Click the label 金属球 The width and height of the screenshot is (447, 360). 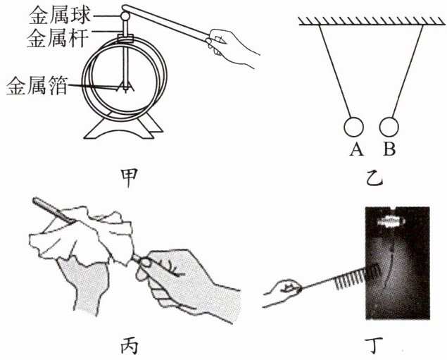[x=60, y=15]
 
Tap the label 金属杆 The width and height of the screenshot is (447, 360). [x=57, y=38]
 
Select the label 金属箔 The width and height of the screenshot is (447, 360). [x=37, y=85]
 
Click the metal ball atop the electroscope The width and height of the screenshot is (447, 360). [x=125, y=16]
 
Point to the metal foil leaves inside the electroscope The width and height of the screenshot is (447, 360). [x=125, y=86]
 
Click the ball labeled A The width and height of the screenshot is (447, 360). [x=353, y=127]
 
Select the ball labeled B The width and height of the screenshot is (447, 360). [x=389, y=127]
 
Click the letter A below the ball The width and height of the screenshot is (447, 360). [x=357, y=149]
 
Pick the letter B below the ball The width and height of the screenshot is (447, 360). [x=389, y=149]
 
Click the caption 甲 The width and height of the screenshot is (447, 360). [x=129, y=178]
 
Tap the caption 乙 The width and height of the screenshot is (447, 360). [x=374, y=178]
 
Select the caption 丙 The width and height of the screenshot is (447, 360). [x=129, y=346]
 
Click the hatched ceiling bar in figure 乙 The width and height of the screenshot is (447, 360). [x=372, y=21]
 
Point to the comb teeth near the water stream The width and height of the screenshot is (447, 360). [x=357, y=276]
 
